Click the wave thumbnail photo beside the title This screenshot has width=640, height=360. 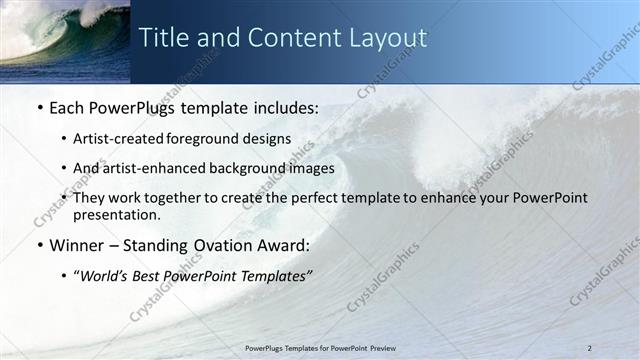click(x=65, y=41)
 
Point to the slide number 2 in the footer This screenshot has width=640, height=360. click(x=590, y=347)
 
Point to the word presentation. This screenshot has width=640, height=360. click(x=116, y=214)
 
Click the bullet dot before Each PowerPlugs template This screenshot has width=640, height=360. click(x=39, y=106)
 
